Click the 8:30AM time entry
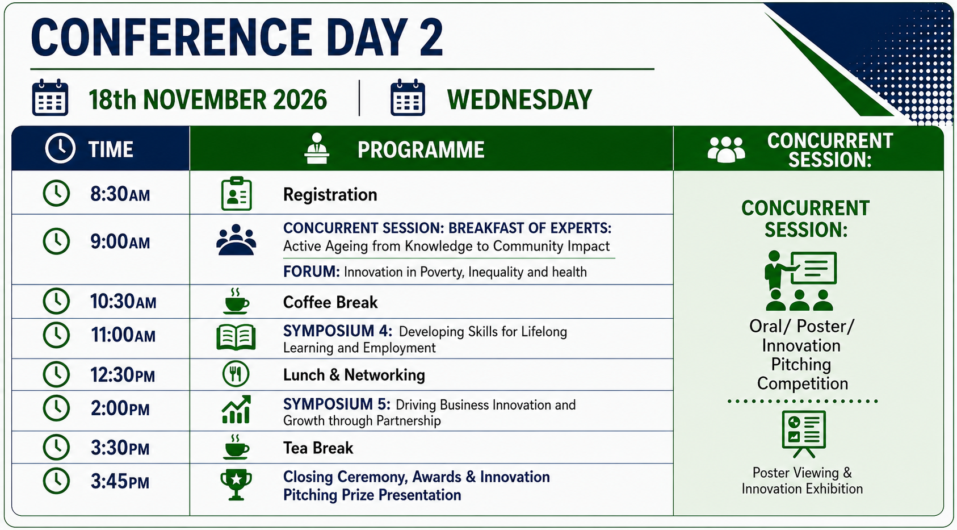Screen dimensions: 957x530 [120, 194]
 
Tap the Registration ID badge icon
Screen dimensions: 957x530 [236, 194]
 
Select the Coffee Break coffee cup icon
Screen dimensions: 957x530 [236, 301]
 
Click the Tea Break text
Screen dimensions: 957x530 [318, 448]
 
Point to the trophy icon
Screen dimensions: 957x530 [236, 485]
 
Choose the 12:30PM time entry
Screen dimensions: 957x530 [123, 375]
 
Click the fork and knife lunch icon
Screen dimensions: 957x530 [236, 374]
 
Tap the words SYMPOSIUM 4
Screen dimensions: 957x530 [338, 331]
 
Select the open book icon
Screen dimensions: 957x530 [236, 337]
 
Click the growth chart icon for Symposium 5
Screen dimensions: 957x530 [236, 410]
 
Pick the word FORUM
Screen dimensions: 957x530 [312, 272]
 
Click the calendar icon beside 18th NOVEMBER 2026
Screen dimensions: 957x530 [50, 98]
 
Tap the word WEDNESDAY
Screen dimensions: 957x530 [519, 99]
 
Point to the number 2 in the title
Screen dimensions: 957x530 [431, 37]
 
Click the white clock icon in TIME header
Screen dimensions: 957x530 [60, 148]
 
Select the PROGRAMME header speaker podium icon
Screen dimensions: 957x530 [317, 148]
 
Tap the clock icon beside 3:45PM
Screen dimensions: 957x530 [56, 481]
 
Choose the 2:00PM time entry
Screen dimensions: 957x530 [120, 408]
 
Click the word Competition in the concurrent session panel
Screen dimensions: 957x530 [803, 383]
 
